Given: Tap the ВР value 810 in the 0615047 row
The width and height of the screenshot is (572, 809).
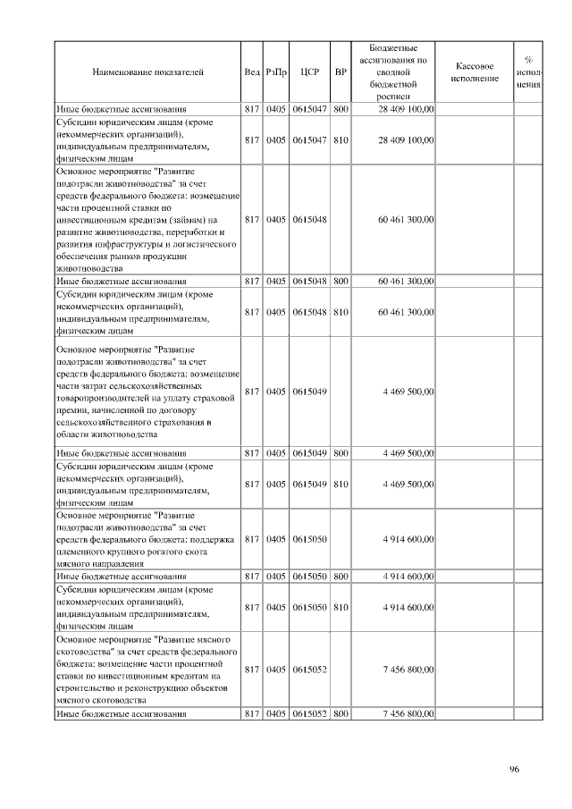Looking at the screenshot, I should (340, 140).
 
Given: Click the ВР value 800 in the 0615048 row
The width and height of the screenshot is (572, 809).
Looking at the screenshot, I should (340, 281).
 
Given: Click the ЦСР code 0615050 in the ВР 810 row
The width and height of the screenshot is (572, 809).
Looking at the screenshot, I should (310, 608).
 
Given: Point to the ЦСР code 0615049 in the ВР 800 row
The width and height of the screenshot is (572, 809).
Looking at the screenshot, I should (310, 453).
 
